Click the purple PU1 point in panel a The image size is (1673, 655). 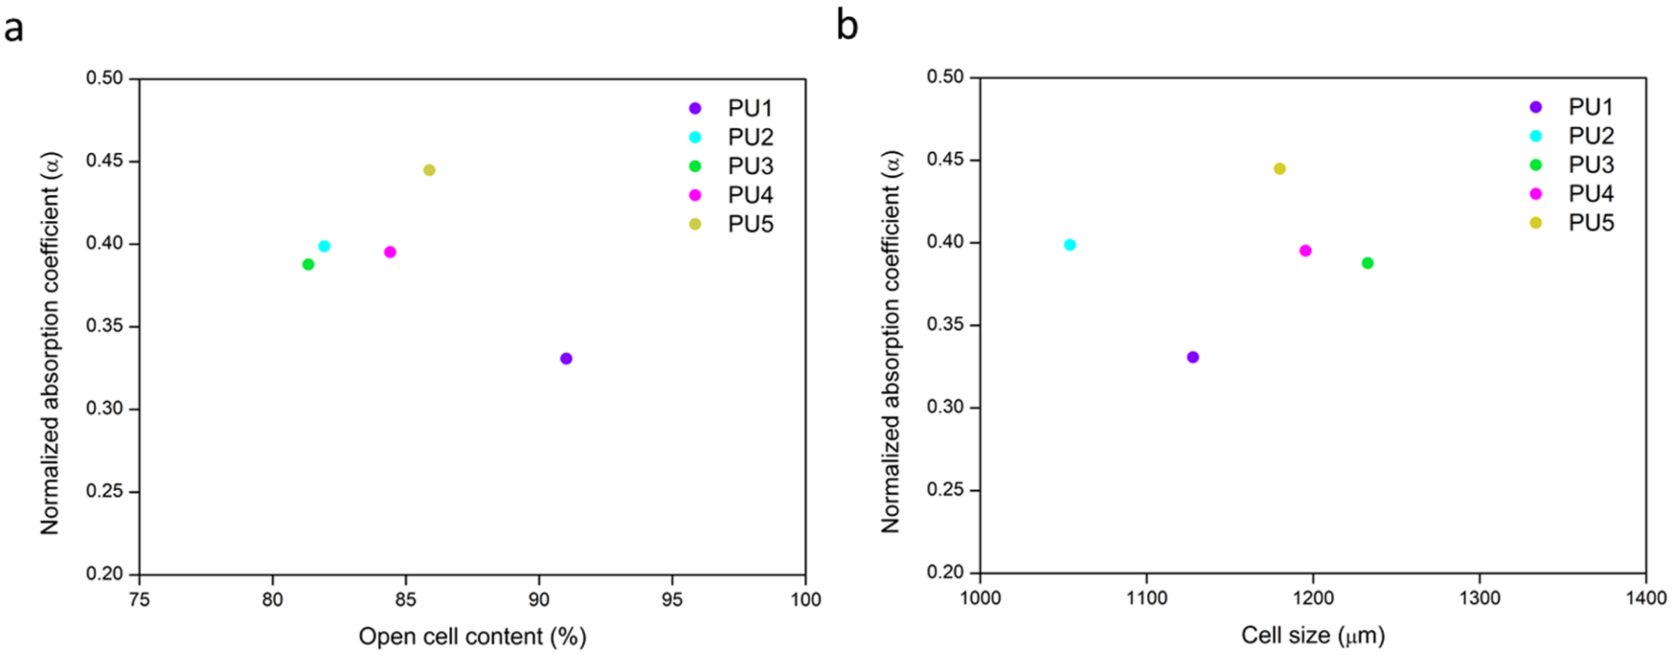pos(565,358)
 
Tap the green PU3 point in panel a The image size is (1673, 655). pos(308,264)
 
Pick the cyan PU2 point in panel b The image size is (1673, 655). pos(1070,245)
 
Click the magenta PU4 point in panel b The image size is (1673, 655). pos(1305,250)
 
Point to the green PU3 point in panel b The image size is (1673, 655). pos(1367,263)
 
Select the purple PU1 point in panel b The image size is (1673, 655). pos(1192,357)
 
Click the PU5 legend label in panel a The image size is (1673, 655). pos(750,224)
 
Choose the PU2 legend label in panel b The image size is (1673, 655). pos(1591,136)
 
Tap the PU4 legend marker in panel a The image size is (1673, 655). pos(695,195)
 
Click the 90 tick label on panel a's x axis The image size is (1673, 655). pos(538,599)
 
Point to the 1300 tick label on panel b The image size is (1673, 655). pos(1480,598)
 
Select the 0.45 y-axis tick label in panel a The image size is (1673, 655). pos(104,160)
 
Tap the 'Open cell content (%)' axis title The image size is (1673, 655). pos(472,636)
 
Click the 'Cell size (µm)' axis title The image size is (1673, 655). pos(1312,635)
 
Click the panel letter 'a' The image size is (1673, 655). pos(13,30)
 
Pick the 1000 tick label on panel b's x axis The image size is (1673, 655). pos(980,598)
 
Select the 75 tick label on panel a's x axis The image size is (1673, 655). pos(139,599)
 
